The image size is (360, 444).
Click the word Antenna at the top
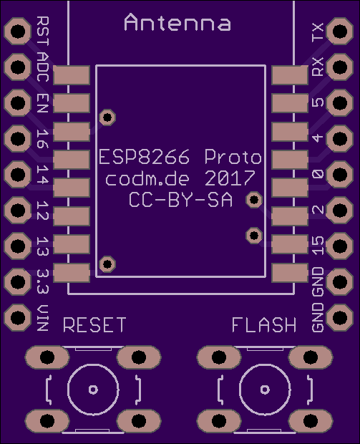coord(177,22)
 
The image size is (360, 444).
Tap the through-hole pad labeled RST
coord(18,31)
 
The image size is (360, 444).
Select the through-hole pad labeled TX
coord(340,31)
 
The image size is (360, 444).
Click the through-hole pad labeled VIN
coord(18,317)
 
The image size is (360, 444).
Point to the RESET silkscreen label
coord(94,325)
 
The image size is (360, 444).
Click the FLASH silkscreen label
coord(264,325)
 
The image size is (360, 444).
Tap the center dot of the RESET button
coord(93,390)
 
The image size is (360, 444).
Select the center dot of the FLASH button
coord(265,390)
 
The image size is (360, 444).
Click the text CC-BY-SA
coord(180,200)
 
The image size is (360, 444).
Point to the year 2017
coord(230,178)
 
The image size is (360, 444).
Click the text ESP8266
coord(145,157)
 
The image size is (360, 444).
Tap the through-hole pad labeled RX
coord(340,67)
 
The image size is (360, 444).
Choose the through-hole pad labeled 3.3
coord(18,281)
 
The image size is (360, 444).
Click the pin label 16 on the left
coord(43,139)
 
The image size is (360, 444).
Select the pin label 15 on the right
coord(318,246)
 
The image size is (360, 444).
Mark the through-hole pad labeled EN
coord(18,103)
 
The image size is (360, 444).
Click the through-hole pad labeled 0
coord(340,175)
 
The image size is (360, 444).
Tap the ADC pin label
coord(43,67)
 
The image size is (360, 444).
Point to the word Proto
coord(233,157)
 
